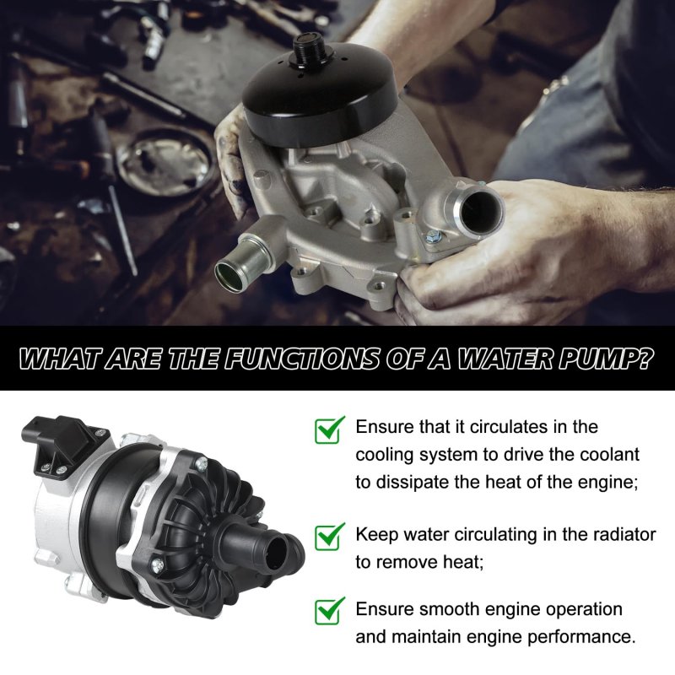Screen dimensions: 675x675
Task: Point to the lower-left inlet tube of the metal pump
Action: pos(242,262)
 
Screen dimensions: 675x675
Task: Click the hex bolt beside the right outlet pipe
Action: pos(432,235)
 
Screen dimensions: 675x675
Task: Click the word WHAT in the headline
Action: pos(61,358)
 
